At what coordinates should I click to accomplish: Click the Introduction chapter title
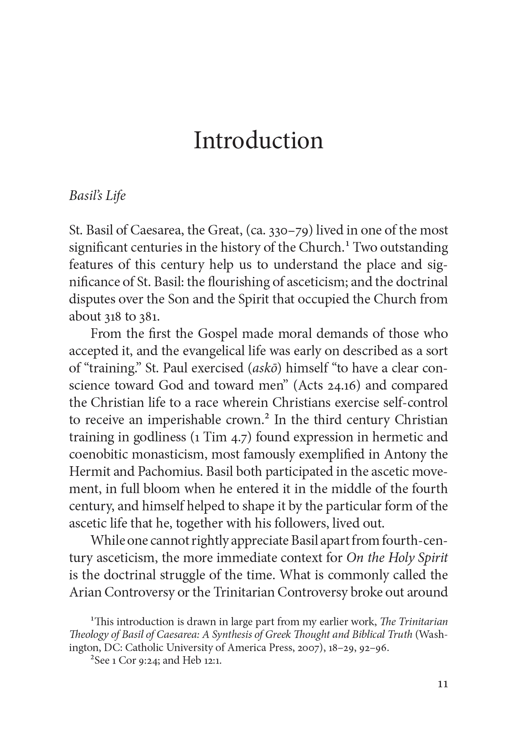point(258,141)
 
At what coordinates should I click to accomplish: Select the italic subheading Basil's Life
point(97,196)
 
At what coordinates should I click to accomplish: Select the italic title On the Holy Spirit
point(397,558)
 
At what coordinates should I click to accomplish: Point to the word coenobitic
point(98,454)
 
